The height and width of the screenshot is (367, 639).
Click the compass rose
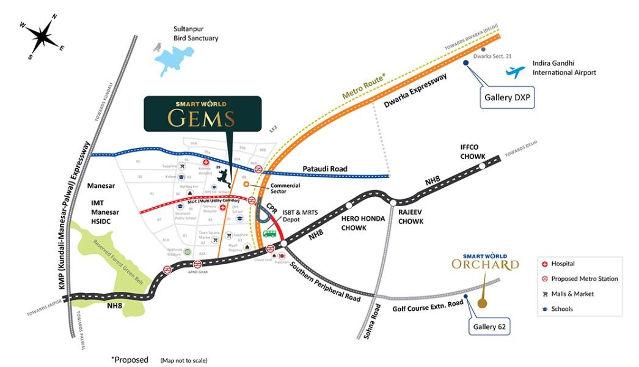[x=41, y=37]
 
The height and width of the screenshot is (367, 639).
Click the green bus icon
[x=269, y=233]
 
